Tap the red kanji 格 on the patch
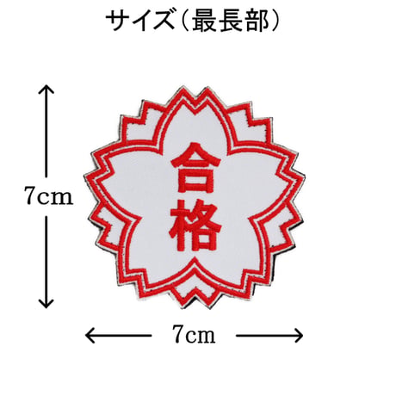pyautogui.click(x=195, y=225)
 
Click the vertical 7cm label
pyautogui.click(x=48, y=195)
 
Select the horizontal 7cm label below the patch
pyautogui.click(x=194, y=334)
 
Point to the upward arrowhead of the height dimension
pyautogui.click(x=46, y=89)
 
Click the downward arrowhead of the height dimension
pyautogui.click(x=46, y=304)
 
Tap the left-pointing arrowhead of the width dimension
pyautogui.click(x=90, y=335)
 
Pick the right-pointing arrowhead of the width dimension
pyautogui.click(x=299, y=335)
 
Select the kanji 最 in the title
pyautogui.click(x=204, y=22)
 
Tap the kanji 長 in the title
pyautogui.click(x=231, y=22)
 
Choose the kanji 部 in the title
pyautogui.click(x=257, y=22)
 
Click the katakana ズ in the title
pyautogui.click(x=164, y=22)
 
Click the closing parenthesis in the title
pyautogui.click(x=275, y=22)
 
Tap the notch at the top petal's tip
pyautogui.click(x=195, y=108)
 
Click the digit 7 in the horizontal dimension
pyautogui.click(x=178, y=334)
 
